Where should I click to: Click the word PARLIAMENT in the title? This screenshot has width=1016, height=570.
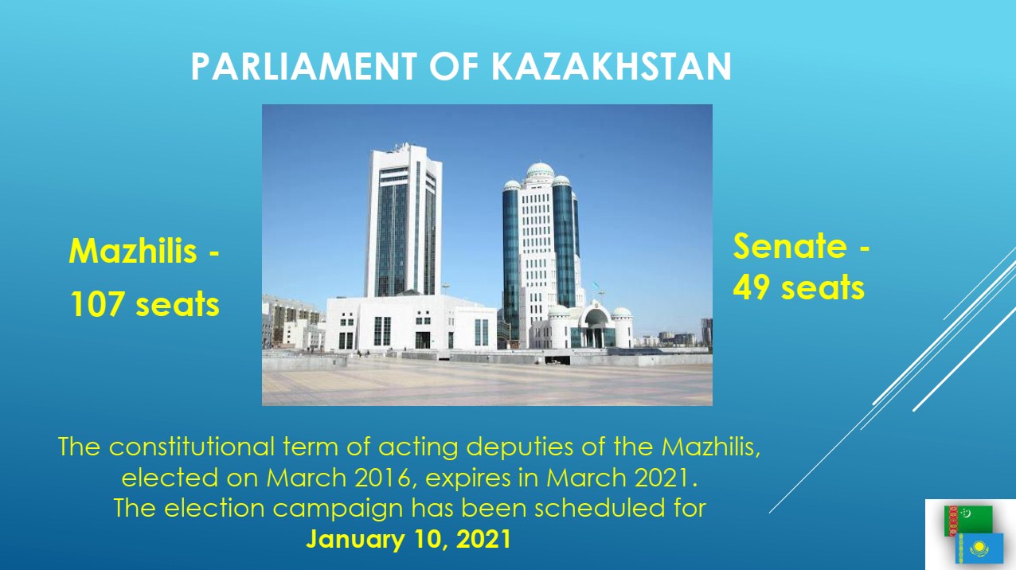point(303,66)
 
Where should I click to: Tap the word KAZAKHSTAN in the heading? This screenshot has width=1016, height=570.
point(612,66)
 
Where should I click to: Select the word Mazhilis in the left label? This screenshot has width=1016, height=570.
point(133,251)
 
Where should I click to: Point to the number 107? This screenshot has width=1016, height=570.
point(97,304)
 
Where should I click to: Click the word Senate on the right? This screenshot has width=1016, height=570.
point(790,246)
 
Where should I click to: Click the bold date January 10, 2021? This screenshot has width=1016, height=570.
point(408,539)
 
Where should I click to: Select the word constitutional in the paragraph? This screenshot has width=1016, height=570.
point(192,447)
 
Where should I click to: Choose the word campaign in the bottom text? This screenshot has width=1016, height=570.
point(338,509)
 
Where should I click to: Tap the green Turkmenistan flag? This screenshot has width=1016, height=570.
point(968,520)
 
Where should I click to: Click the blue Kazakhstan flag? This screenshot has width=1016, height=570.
point(979,549)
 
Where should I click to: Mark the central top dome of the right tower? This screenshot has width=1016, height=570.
point(540,170)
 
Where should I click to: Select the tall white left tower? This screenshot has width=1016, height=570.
point(403,221)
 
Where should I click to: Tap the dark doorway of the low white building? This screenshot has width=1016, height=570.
point(422,340)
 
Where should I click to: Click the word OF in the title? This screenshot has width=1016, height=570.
point(454,66)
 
